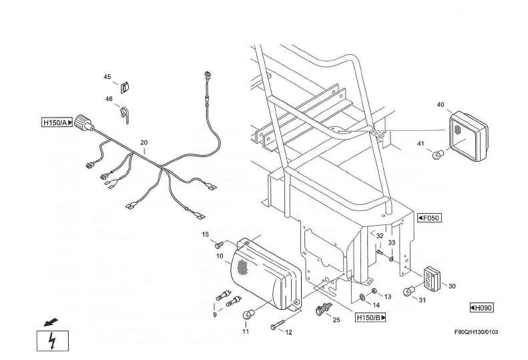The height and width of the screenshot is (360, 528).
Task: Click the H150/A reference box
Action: click(x=57, y=122)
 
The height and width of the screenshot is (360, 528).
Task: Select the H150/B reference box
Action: click(x=370, y=317)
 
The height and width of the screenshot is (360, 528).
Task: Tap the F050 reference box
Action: click(x=429, y=218)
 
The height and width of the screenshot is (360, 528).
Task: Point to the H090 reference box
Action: click(x=482, y=307)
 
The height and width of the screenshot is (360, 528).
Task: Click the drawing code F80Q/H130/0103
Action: click(x=476, y=331)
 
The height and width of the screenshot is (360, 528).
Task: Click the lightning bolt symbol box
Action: click(x=52, y=342)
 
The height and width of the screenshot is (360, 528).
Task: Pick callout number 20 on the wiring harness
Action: click(x=143, y=143)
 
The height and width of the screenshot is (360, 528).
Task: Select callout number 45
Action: click(x=107, y=77)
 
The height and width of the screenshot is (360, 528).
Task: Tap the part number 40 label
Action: click(x=440, y=105)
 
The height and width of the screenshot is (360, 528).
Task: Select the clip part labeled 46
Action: click(x=125, y=111)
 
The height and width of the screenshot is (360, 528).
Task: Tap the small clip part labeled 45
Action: click(x=123, y=85)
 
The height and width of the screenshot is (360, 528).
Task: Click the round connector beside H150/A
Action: click(x=83, y=122)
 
